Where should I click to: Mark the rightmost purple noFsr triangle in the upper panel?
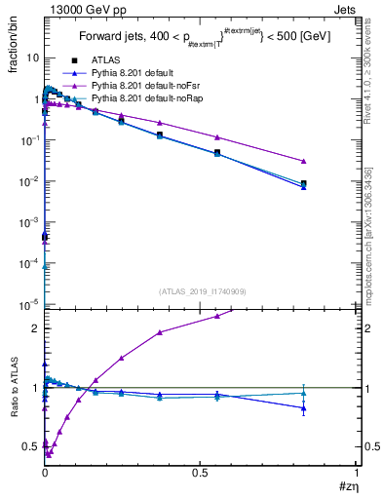pyautogui.click(x=304, y=161)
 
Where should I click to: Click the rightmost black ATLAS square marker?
pyautogui.click(x=304, y=183)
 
